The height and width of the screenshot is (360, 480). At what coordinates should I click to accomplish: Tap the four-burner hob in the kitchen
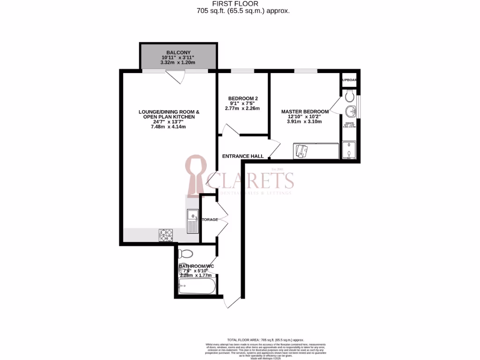(165, 234)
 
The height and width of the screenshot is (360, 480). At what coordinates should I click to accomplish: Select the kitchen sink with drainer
(192, 222)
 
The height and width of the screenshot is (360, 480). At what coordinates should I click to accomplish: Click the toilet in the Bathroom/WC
(186, 255)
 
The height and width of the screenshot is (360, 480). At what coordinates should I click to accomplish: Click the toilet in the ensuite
(348, 97)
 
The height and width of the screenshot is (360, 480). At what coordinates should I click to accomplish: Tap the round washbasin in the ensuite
(351, 112)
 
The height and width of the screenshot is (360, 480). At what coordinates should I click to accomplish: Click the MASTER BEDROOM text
(305, 112)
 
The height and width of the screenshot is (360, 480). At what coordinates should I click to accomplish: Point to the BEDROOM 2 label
(243, 98)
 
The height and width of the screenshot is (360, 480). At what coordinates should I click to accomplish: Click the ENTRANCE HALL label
(242, 156)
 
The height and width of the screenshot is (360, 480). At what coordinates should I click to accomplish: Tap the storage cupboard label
(210, 219)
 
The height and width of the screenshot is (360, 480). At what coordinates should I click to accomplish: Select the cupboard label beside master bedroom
(350, 80)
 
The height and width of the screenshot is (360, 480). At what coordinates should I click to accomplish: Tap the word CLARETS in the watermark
(250, 180)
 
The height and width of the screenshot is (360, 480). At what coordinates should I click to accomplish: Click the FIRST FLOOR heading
(240, 4)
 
